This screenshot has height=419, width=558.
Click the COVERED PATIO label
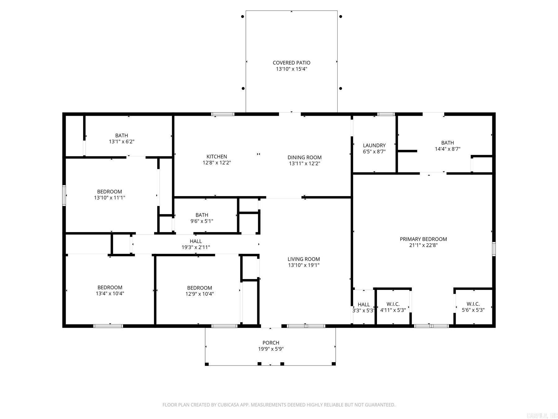pos(291,63)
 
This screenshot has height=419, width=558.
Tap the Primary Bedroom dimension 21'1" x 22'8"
pos(423,245)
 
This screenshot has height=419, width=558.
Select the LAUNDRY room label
pos(374,145)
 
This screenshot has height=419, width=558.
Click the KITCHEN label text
pos(217,156)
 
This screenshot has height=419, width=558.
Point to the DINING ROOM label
pos(304,157)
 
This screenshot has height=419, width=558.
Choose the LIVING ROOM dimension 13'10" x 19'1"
pos(303,265)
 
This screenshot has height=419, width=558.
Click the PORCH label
pos(271,343)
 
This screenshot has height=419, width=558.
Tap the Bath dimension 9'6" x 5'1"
pos(202,221)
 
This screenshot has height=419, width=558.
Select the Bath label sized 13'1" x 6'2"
pos(122,135)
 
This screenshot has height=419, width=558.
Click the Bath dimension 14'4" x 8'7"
pos(447,149)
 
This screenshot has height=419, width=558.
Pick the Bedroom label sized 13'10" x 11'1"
pos(109,191)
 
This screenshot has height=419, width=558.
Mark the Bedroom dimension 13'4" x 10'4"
pos(110,293)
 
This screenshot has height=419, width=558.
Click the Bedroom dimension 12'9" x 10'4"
pos(199,294)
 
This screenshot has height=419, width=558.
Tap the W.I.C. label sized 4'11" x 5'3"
pos(393,304)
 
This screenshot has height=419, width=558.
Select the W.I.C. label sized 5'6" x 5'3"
pos(473,304)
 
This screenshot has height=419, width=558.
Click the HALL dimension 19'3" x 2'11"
pos(196,247)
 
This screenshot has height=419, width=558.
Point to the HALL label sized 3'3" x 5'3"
pos(364,304)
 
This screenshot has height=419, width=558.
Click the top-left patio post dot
pos(243,16)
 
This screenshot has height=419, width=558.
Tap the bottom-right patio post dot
pos(340,88)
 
